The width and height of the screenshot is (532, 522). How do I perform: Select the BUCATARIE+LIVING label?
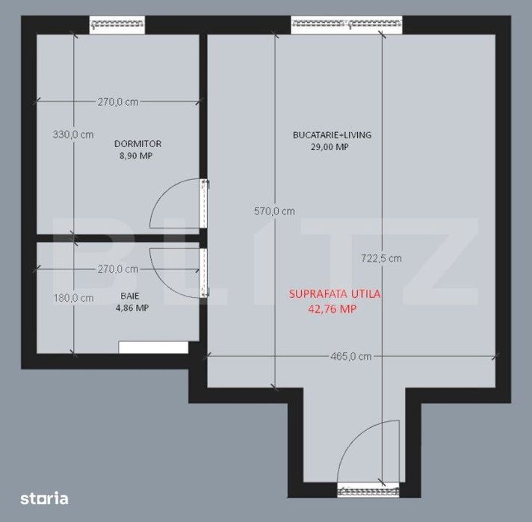[x=332, y=135]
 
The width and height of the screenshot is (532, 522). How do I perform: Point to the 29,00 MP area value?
[x=332, y=147]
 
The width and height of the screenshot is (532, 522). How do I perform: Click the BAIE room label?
[x=129, y=296]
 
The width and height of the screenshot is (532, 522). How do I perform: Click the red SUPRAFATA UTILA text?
[x=335, y=294]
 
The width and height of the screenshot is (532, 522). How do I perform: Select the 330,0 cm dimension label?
[x=72, y=134]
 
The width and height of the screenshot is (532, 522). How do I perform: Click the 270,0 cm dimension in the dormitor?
[x=117, y=102]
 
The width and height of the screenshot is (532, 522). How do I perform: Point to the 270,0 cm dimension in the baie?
[x=117, y=269]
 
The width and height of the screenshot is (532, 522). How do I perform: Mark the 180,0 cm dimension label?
[x=72, y=297]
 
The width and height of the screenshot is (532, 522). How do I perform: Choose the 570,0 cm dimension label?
[x=274, y=211]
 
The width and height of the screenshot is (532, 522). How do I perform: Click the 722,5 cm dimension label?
[x=381, y=258]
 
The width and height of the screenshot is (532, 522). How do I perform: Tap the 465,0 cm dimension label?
[x=350, y=356]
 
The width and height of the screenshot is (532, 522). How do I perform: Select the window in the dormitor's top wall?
[x=117, y=25]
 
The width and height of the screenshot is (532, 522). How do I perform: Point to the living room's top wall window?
[x=347, y=25]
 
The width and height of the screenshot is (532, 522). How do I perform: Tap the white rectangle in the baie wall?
[x=153, y=347]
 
